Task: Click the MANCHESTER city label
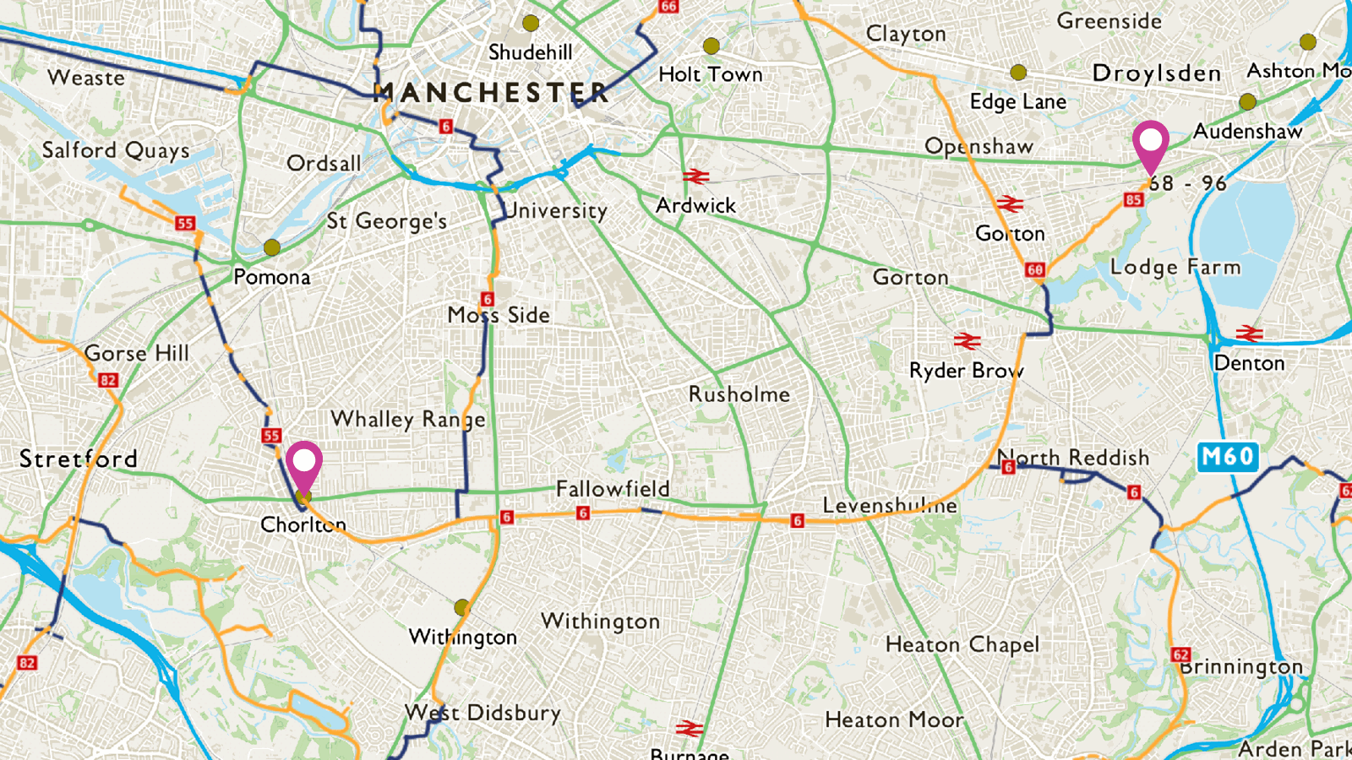point(490,92)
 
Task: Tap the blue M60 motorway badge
point(1228,457)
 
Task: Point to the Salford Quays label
point(116,150)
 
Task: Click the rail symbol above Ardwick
point(696,176)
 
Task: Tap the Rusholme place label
point(739,394)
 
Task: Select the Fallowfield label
point(613,488)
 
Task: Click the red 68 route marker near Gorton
point(1035,270)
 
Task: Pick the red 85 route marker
point(1133,200)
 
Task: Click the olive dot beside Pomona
point(271,247)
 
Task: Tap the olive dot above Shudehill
point(531,23)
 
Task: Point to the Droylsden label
point(1156,73)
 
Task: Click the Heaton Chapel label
point(962,645)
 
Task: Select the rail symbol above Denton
point(1249,334)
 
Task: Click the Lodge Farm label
point(1175,267)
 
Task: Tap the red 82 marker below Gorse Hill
point(107,380)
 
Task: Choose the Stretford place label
point(78,459)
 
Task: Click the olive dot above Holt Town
point(711,46)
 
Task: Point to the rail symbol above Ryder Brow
point(968,341)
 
